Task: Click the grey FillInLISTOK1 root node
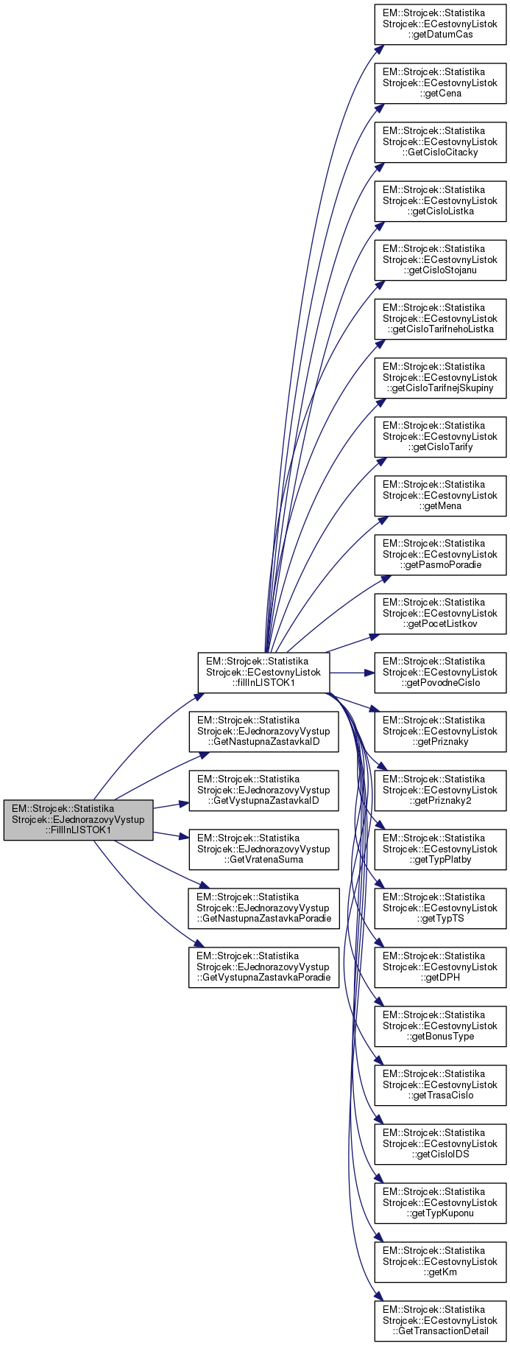click(78, 819)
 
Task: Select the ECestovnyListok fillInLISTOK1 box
click(263, 672)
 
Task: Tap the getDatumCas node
click(440, 24)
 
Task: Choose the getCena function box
click(440, 83)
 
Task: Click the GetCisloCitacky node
click(440, 141)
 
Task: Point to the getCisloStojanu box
click(440, 259)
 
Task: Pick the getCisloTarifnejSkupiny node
click(440, 377)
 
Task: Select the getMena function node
click(440, 495)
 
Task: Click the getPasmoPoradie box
click(440, 554)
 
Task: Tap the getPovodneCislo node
click(440, 672)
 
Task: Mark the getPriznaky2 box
click(440, 790)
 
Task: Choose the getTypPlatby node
click(440, 849)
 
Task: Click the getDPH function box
click(440, 967)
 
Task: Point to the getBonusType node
click(440, 1026)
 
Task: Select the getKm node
click(440, 1261)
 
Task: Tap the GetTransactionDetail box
click(440, 1320)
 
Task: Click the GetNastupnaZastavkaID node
click(263, 731)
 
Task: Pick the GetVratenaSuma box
click(263, 849)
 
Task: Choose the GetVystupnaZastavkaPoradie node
click(263, 967)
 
